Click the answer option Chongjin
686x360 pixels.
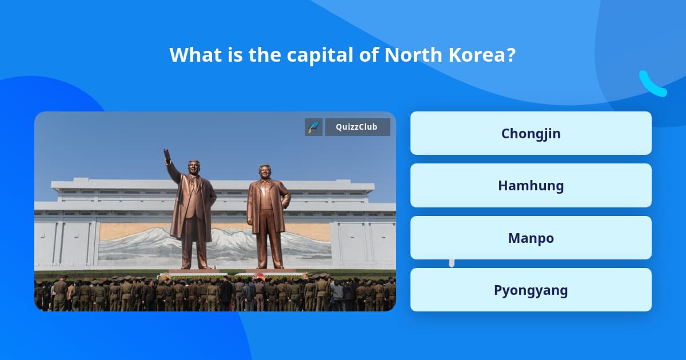(531, 133)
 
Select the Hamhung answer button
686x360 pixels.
(531, 186)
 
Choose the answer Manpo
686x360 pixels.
(531, 238)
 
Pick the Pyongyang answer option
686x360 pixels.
(531, 290)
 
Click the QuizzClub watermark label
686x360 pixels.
(357, 127)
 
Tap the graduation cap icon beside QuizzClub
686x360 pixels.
(313, 127)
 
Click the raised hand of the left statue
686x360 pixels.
(167, 154)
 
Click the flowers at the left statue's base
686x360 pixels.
(166, 277)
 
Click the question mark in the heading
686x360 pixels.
(510, 55)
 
